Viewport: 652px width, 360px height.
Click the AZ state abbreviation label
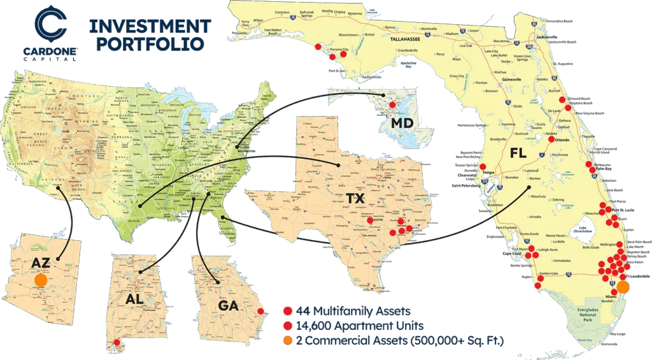[x=41, y=263]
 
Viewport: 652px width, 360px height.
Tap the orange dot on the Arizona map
[x=41, y=280]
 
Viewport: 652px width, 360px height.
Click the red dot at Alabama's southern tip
[x=116, y=343]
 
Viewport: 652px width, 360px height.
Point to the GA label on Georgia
[x=228, y=306]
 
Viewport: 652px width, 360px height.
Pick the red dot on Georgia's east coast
[x=259, y=312]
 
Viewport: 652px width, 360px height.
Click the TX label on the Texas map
[x=355, y=198]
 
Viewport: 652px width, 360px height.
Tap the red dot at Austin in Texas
[x=371, y=220]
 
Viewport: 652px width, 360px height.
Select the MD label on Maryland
[x=404, y=122]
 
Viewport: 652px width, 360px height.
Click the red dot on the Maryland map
[x=392, y=104]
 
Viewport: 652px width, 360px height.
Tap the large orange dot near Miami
[x=623, y=287]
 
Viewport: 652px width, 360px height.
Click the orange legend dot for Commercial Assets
[x=288, y=342]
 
